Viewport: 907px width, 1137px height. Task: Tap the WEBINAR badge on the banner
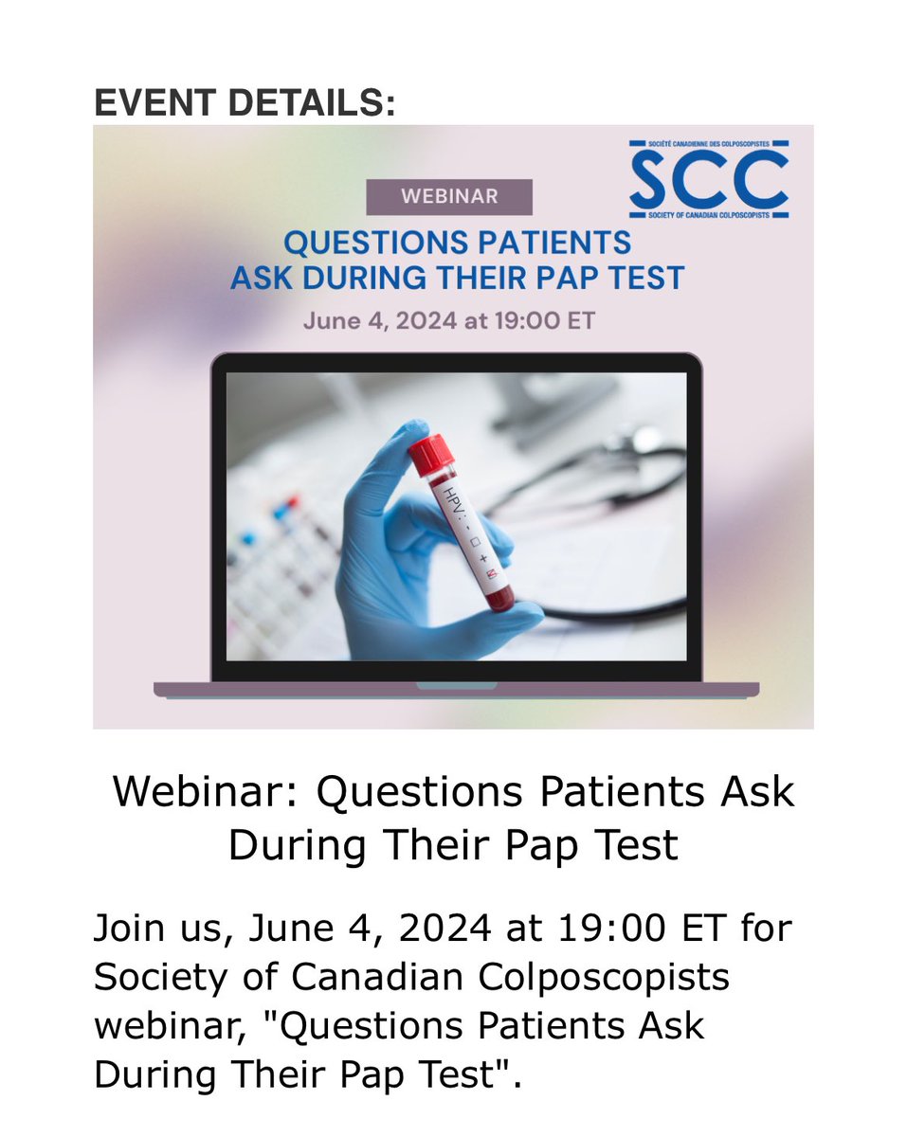449,196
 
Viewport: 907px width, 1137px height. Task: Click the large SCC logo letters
708,180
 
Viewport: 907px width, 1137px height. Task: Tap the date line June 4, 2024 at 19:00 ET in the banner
449,320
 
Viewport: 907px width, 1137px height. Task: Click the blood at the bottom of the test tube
499,597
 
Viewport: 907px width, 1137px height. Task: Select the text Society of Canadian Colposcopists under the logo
708,214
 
